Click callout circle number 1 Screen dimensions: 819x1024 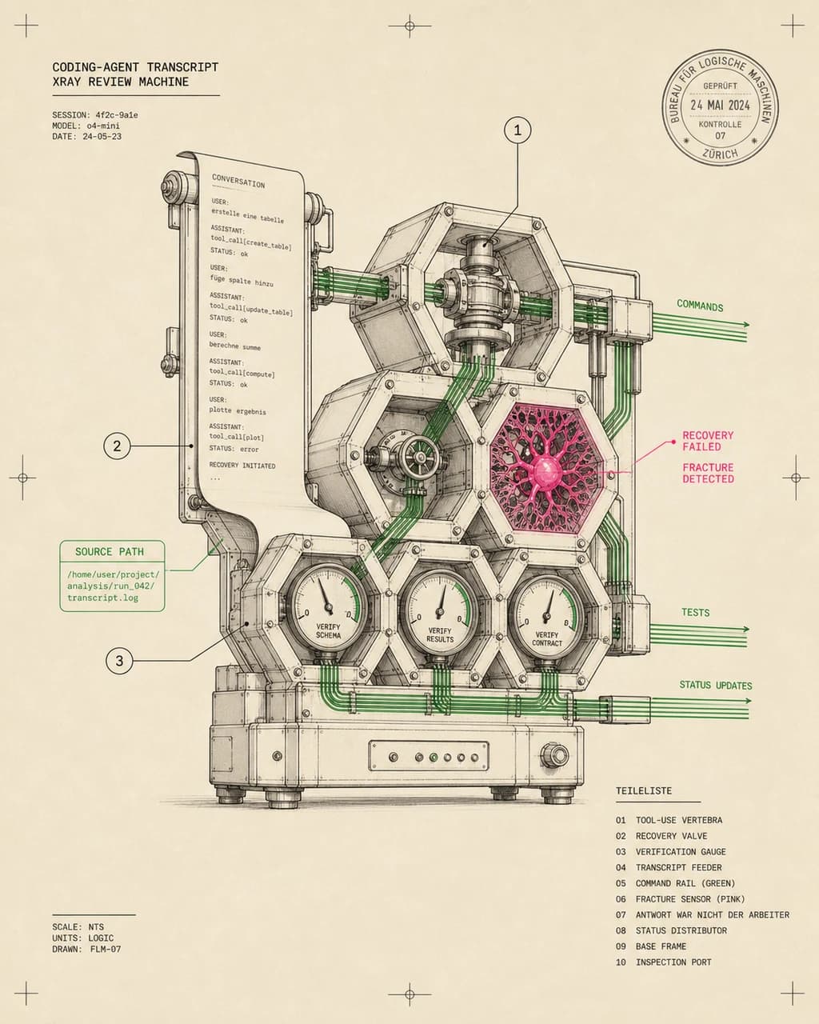pos(517,130)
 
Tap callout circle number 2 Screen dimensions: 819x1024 pos(117,446)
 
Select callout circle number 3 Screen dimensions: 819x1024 pos(119,661)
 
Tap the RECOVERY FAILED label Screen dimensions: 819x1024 pos(708,441)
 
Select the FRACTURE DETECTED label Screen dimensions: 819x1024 pos(708,473)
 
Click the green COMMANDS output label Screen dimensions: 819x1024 pos(700,306)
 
